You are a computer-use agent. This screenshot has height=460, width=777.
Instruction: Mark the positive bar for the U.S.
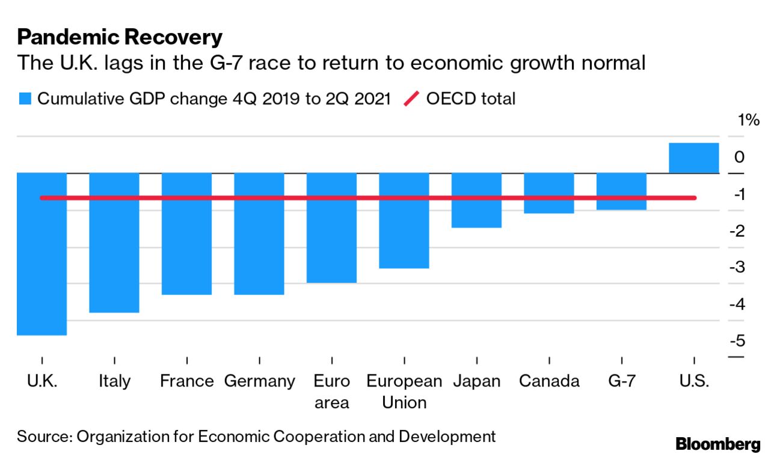(693, 158)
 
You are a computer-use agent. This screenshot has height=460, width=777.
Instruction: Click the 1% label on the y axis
(749, 120)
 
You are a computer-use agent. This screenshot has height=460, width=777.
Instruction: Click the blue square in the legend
(25, 99)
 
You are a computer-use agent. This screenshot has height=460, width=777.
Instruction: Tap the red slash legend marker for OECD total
(411, 99)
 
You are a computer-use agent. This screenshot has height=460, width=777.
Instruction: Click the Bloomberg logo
(718, 445)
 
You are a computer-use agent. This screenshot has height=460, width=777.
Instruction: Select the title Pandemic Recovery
(120, 37)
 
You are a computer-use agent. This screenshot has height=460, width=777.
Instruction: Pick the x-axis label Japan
(476, 381)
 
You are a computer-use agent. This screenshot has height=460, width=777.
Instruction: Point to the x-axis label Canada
(548, 381)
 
